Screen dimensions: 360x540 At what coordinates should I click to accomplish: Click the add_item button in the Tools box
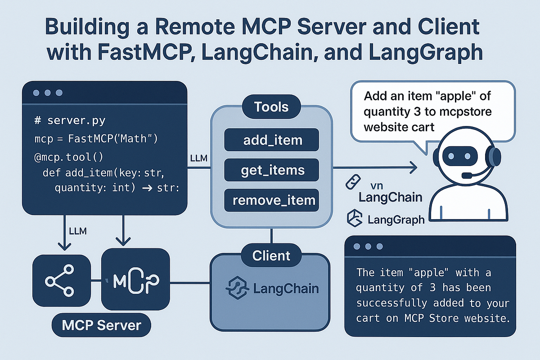click(x=272, y=140)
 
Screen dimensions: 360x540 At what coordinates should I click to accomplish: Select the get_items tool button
click(x=272, y=170)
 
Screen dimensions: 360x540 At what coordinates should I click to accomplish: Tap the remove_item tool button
click(x=272, y=201)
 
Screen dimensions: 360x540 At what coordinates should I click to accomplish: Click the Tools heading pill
click(x=271, y=107)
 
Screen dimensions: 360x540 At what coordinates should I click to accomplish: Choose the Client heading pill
click(x=271, y=256)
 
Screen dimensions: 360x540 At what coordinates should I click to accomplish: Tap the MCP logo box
click(x=135, y=281)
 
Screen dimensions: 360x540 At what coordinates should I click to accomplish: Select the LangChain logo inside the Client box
click(x=272, y=288)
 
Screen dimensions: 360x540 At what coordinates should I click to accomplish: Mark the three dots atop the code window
click(x=46, y=93)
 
